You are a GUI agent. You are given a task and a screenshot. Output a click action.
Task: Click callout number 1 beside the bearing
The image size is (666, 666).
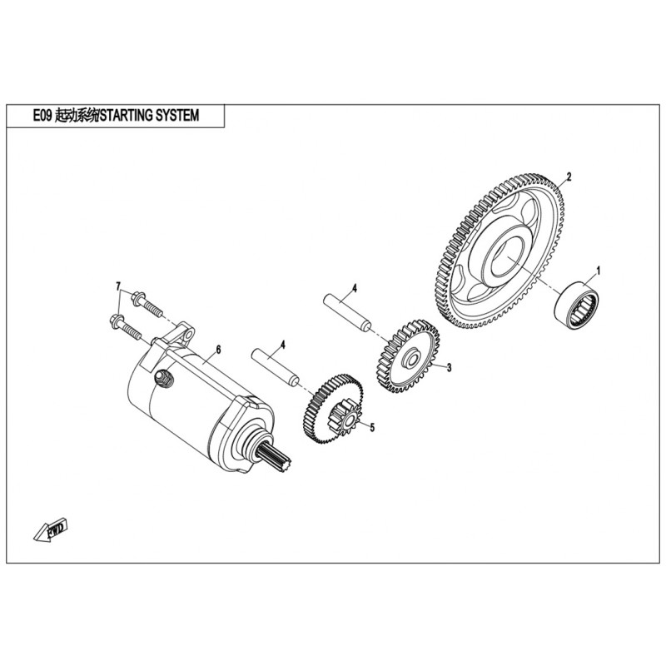point(596,271)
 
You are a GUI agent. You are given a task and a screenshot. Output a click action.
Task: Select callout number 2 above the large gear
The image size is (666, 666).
point(569,176)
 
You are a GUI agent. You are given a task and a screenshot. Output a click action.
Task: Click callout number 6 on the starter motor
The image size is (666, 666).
point(218,350)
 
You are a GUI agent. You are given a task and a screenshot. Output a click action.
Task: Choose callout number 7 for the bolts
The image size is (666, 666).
point(119,286)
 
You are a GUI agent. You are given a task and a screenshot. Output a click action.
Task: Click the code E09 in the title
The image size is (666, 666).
point(42,117)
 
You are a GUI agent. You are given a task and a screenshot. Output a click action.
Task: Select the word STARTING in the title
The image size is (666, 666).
point(132,117)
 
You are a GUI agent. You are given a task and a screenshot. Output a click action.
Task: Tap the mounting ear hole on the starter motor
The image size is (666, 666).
point(187,335)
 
